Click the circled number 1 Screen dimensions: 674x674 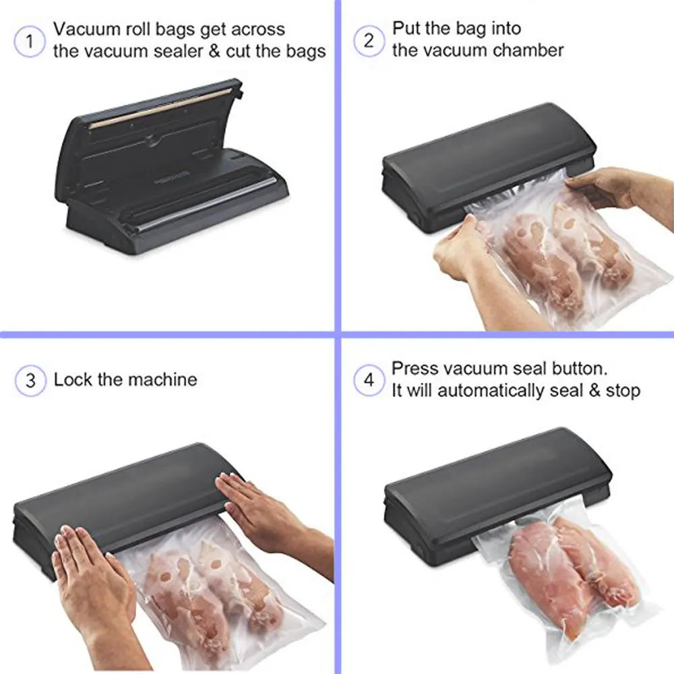[28, 42]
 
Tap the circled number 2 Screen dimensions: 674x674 [369, 40]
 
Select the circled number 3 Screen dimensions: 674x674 [31, 380]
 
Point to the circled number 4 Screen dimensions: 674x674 [369, 380]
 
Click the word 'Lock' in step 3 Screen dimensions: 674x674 [73, 379]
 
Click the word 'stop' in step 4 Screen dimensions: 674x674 [621, 391]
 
